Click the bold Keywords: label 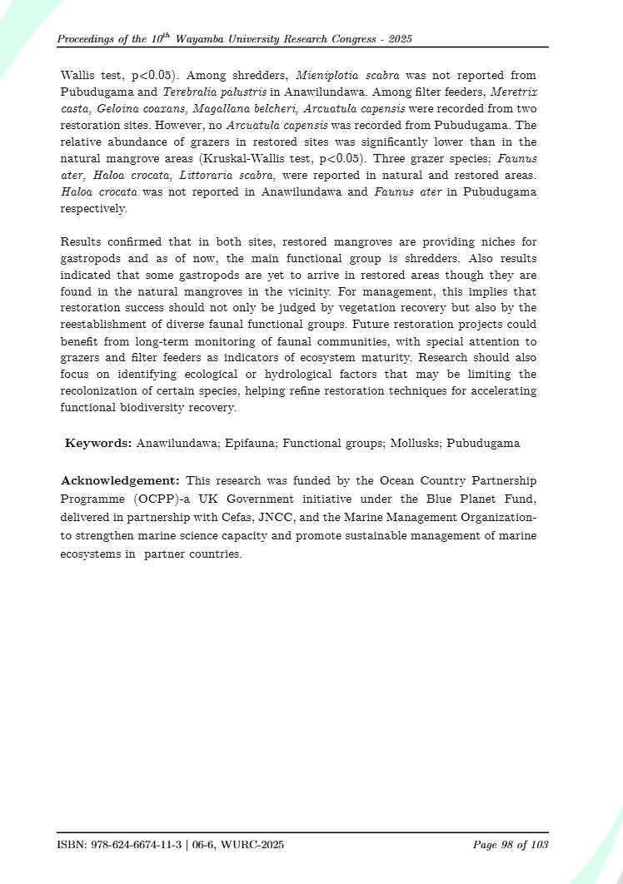coord(98,443)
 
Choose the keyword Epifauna coord(251,443)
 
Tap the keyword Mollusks coord(413,443)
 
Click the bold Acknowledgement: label coord(121,481)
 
